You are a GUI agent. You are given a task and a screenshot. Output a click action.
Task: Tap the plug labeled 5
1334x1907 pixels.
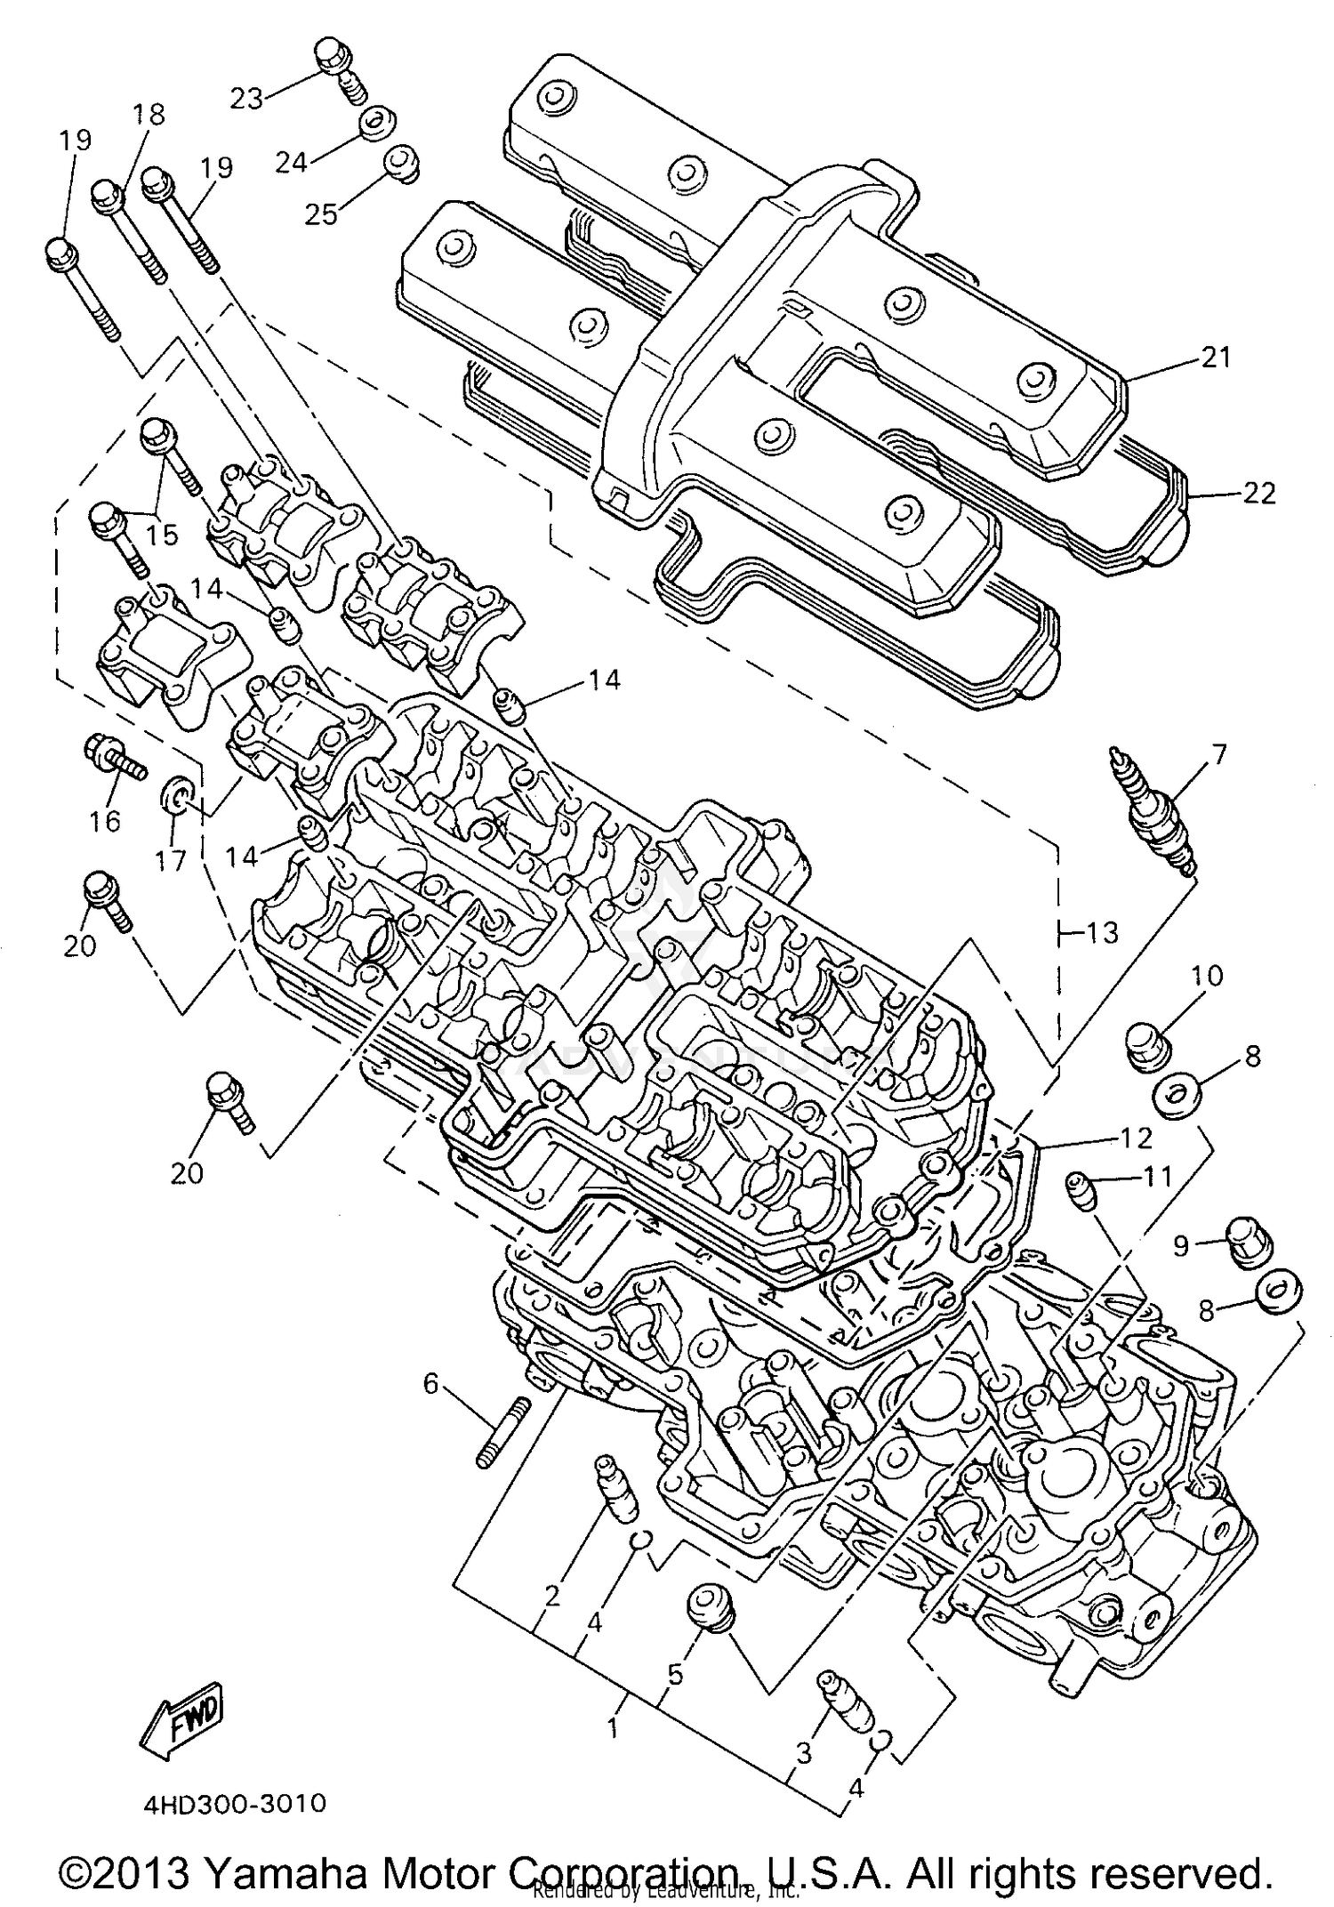(708, 1607)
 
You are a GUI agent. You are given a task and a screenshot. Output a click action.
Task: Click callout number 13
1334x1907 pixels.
(1102, 933)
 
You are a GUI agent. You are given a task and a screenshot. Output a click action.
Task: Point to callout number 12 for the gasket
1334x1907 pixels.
(1136, 1138)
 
